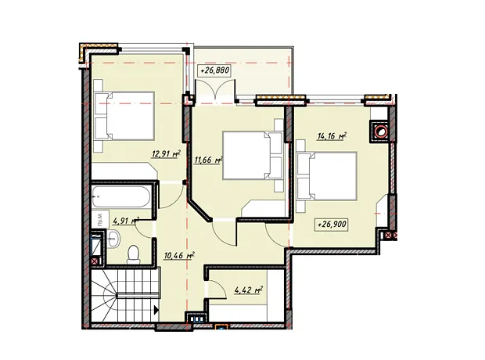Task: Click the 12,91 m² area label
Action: pyautogui.click(x=166, y=153)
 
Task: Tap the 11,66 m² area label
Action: pyautogui.click(x=209, y=160)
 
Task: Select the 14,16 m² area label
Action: pyautogui.click(x=331, y=136)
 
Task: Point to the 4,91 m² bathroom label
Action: pyautogui.click(x=126, y=221)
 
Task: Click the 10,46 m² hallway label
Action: pyautogui.click(x=179, y=256)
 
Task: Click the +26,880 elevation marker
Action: pyautogui.click(x=214, y=70)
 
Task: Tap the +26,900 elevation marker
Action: pyautogui.click(x=331, y=225)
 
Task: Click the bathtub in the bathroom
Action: pyautogui.click(x=121, y=196)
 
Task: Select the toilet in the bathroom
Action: pyautogui.click(x=134, y=254)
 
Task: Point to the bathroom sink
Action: pyautogui.click(x=113, y=239)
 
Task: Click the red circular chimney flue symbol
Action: pyautogui.click(x=380, y=131)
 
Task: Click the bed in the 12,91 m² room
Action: pyautogui.click(x=124, y=116)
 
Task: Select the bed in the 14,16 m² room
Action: pyautogui.click(x=327, y=176)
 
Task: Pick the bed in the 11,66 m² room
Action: pyautogui.click(x=253, y=156)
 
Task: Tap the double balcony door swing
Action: pyautogui.click(x=215, y=90)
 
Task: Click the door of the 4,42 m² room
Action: pyautogui.click(x=217, y=289)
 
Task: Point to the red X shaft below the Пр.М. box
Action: pyautogui.click(x=95, y=261)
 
